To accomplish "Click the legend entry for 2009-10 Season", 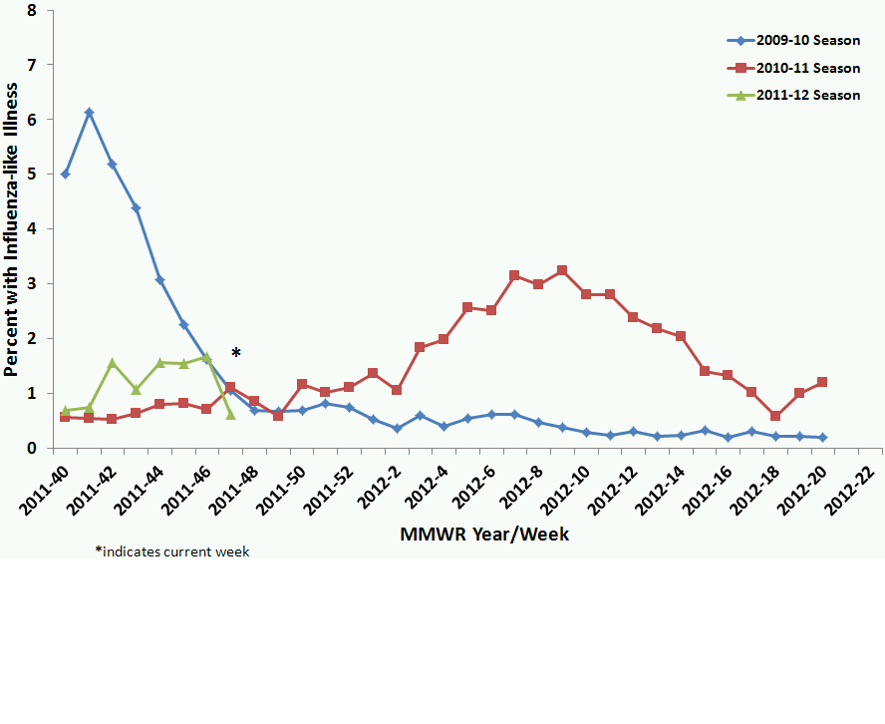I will click(792, 41).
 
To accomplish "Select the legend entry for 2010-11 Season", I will click(792, 68).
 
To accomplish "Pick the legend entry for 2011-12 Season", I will click(792, 96).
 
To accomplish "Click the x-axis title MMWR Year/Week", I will click(484, 535).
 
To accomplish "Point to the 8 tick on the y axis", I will click(33, 11).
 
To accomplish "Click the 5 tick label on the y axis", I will click(33, 175).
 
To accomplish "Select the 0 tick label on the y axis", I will click(33, 448).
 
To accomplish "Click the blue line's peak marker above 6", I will click(89, 113).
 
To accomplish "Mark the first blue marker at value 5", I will click(66, 174).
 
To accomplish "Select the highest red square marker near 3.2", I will click(562, 270).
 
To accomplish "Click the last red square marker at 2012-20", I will click(822, 382).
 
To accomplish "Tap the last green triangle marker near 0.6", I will click(230, 414).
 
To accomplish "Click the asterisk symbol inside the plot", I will click(236, 353).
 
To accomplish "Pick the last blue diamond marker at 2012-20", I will click(822, 437).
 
